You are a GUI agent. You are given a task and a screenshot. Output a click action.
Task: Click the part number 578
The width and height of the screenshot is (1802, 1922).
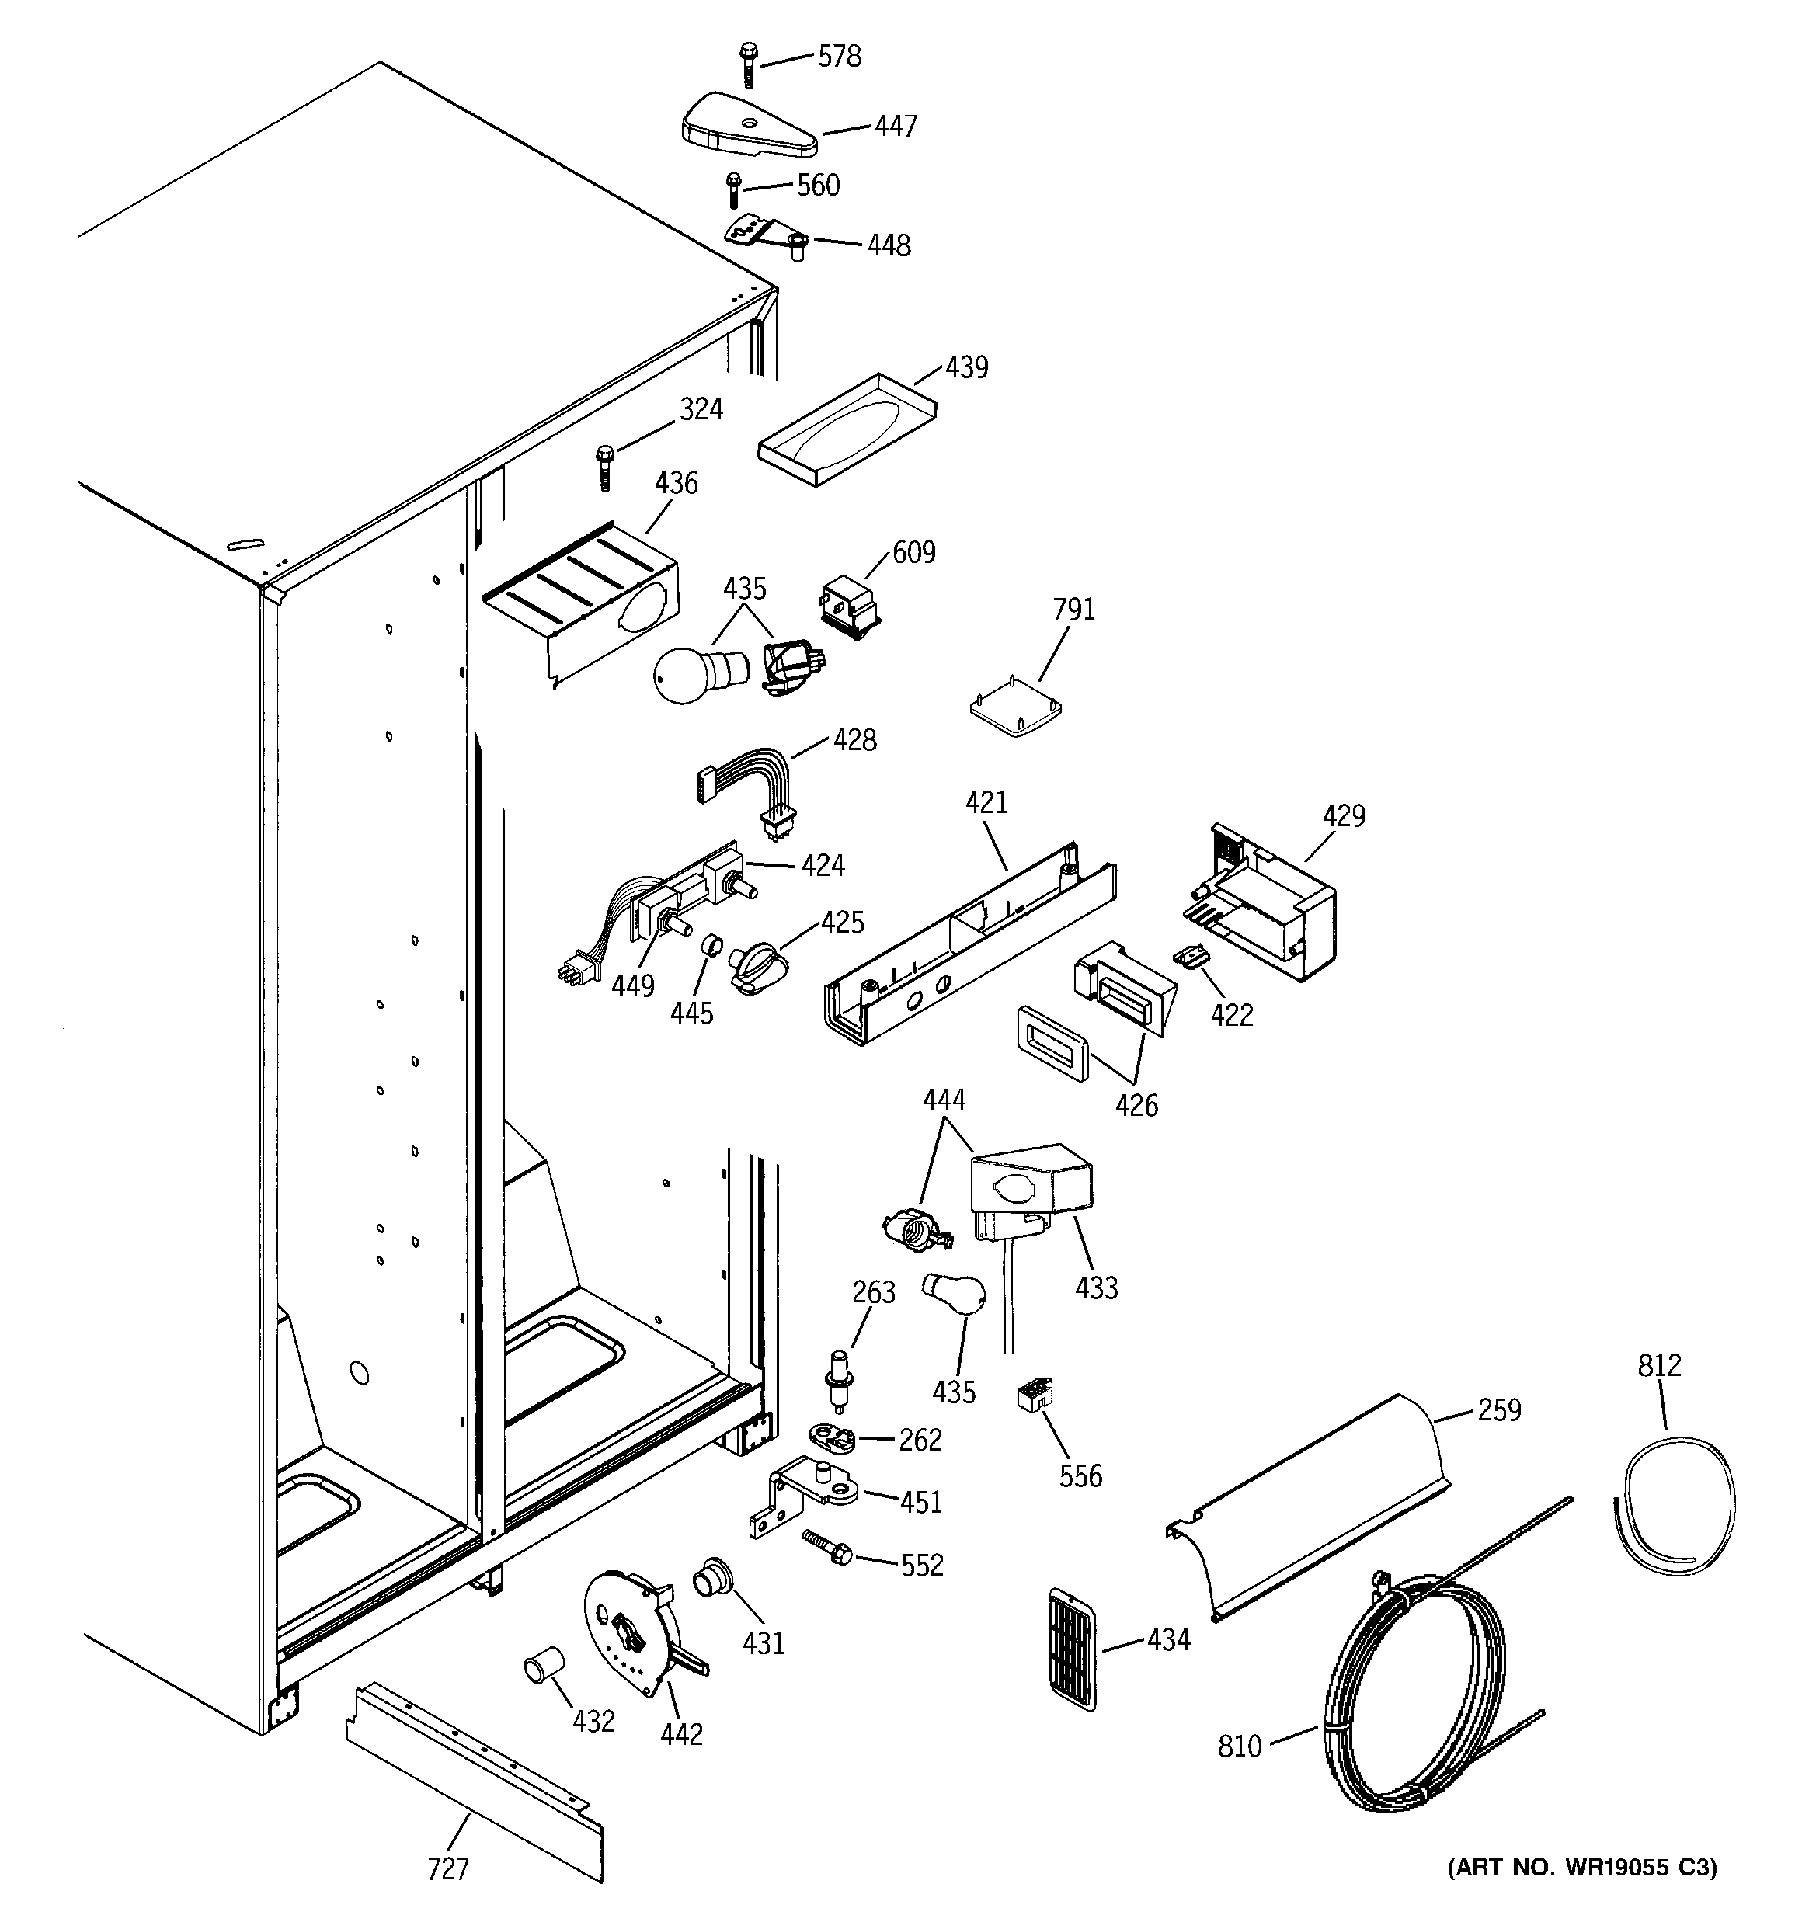tap(839, 57)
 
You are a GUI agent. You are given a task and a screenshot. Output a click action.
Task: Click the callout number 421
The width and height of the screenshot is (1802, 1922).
tap(986, 802)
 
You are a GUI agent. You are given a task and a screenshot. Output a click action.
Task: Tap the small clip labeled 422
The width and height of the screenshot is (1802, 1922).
tap(1191, 955)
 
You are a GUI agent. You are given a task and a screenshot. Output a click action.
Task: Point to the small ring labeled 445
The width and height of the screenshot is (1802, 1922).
tap(712, 944)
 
